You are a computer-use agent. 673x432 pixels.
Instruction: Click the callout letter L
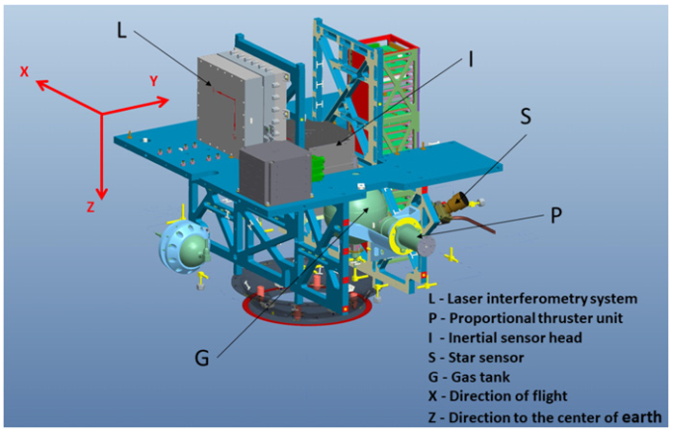coord(122,31)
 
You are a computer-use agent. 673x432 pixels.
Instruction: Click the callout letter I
coord(471,58)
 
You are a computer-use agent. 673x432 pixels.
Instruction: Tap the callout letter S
coord(526,116)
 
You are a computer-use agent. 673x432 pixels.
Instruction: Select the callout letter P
coord(556,216)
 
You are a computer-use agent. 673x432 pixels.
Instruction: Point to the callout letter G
coord(202,357)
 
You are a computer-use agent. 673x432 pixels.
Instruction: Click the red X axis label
coord(25,71)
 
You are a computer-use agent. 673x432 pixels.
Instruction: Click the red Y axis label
coord(153,81)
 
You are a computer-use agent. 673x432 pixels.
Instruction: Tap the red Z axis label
coord(91,207)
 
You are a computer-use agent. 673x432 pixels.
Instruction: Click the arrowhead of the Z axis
coord(101,194)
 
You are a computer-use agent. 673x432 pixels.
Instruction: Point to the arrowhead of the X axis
coord(42,84)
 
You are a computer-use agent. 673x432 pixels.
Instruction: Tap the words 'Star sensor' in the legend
coord(486,358)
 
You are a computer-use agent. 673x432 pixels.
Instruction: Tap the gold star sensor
coord(456,203)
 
